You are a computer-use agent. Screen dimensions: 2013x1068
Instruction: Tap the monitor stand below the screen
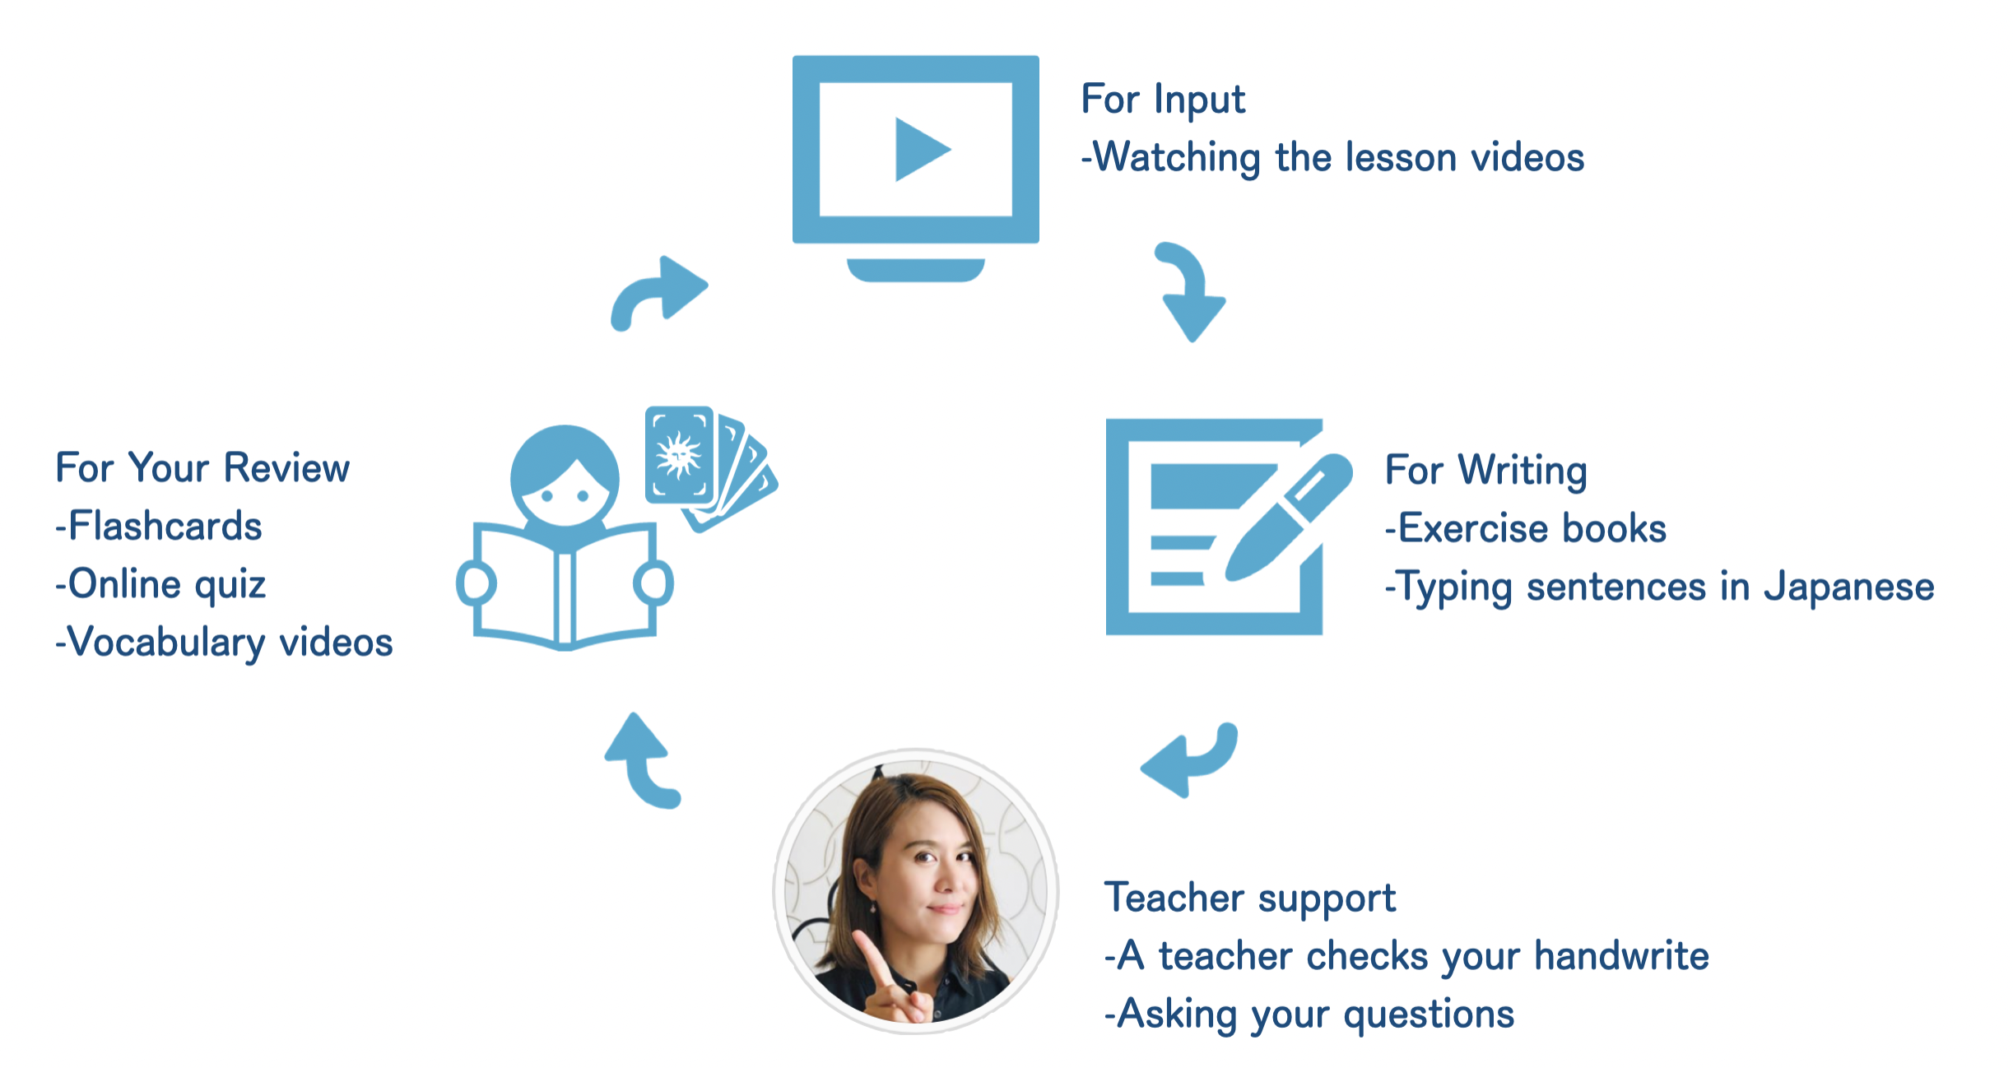(x=915, y=270)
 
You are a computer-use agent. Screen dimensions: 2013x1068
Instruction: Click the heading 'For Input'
(x=1163, y=100)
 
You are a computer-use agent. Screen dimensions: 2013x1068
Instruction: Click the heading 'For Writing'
(x=1486, y=471)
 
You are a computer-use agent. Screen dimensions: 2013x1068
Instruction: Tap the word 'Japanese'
(x=1849, y=587)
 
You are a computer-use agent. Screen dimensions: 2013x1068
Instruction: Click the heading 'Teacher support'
(x=1250, y=899)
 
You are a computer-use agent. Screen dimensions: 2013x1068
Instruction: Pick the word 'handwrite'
(x=1621, y=956)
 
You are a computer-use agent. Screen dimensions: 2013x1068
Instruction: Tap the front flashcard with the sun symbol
(x=679, y=454)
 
